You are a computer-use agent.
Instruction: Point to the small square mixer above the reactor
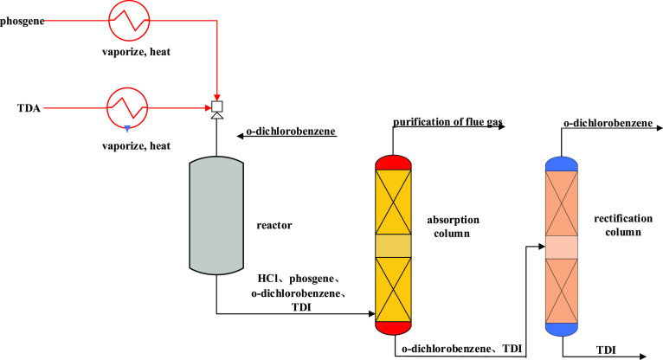pyautogui.click(x=216, y=107)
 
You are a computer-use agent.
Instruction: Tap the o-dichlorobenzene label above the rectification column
pyautogui.click(x=607, y=123)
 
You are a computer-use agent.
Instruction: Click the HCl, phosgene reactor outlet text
pyautogui.click(x=301, y=280)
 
